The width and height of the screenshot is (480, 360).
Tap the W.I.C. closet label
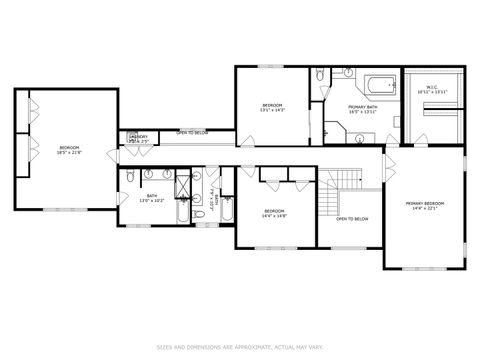click(432, 90)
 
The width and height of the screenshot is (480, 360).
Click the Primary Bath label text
click(361, 109)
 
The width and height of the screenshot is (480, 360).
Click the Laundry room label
click(138, 139)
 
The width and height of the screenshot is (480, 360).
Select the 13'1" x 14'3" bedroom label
click(272, 108)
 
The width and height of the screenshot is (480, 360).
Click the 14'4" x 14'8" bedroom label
click(275, 213)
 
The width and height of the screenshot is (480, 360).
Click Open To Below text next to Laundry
click(192, 133)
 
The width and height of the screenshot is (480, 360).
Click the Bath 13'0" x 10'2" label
click(151, 198)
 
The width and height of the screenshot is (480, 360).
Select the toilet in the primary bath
click(317, 76)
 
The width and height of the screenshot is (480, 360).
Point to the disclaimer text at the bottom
click(240, 346)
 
